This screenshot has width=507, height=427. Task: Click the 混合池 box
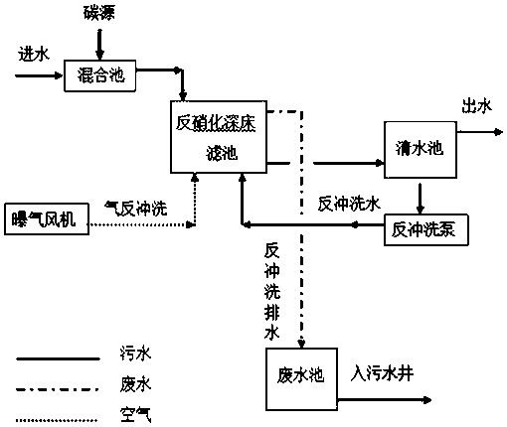99,75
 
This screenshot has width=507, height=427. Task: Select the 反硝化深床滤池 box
219,137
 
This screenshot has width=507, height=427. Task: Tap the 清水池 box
421,150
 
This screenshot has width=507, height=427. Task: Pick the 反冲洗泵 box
426,230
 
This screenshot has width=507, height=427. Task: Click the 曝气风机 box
47,219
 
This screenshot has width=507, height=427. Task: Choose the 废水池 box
301,379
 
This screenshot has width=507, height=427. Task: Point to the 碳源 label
98,13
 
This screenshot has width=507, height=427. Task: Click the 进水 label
34,54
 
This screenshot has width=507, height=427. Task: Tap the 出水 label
476,106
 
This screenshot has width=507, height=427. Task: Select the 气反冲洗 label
135,209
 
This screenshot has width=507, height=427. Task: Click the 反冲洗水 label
349,204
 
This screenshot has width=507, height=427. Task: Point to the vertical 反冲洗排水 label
272,292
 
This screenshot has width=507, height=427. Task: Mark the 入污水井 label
382,374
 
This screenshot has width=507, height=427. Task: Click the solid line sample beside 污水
58,358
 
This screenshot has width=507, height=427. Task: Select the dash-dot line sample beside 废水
58,389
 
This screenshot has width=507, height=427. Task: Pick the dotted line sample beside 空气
57,420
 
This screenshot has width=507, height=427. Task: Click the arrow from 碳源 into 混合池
99,45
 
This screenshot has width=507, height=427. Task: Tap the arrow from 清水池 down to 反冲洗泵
421,199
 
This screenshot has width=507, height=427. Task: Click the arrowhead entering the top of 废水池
301,343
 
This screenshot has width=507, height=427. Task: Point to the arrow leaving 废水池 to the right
385,400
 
